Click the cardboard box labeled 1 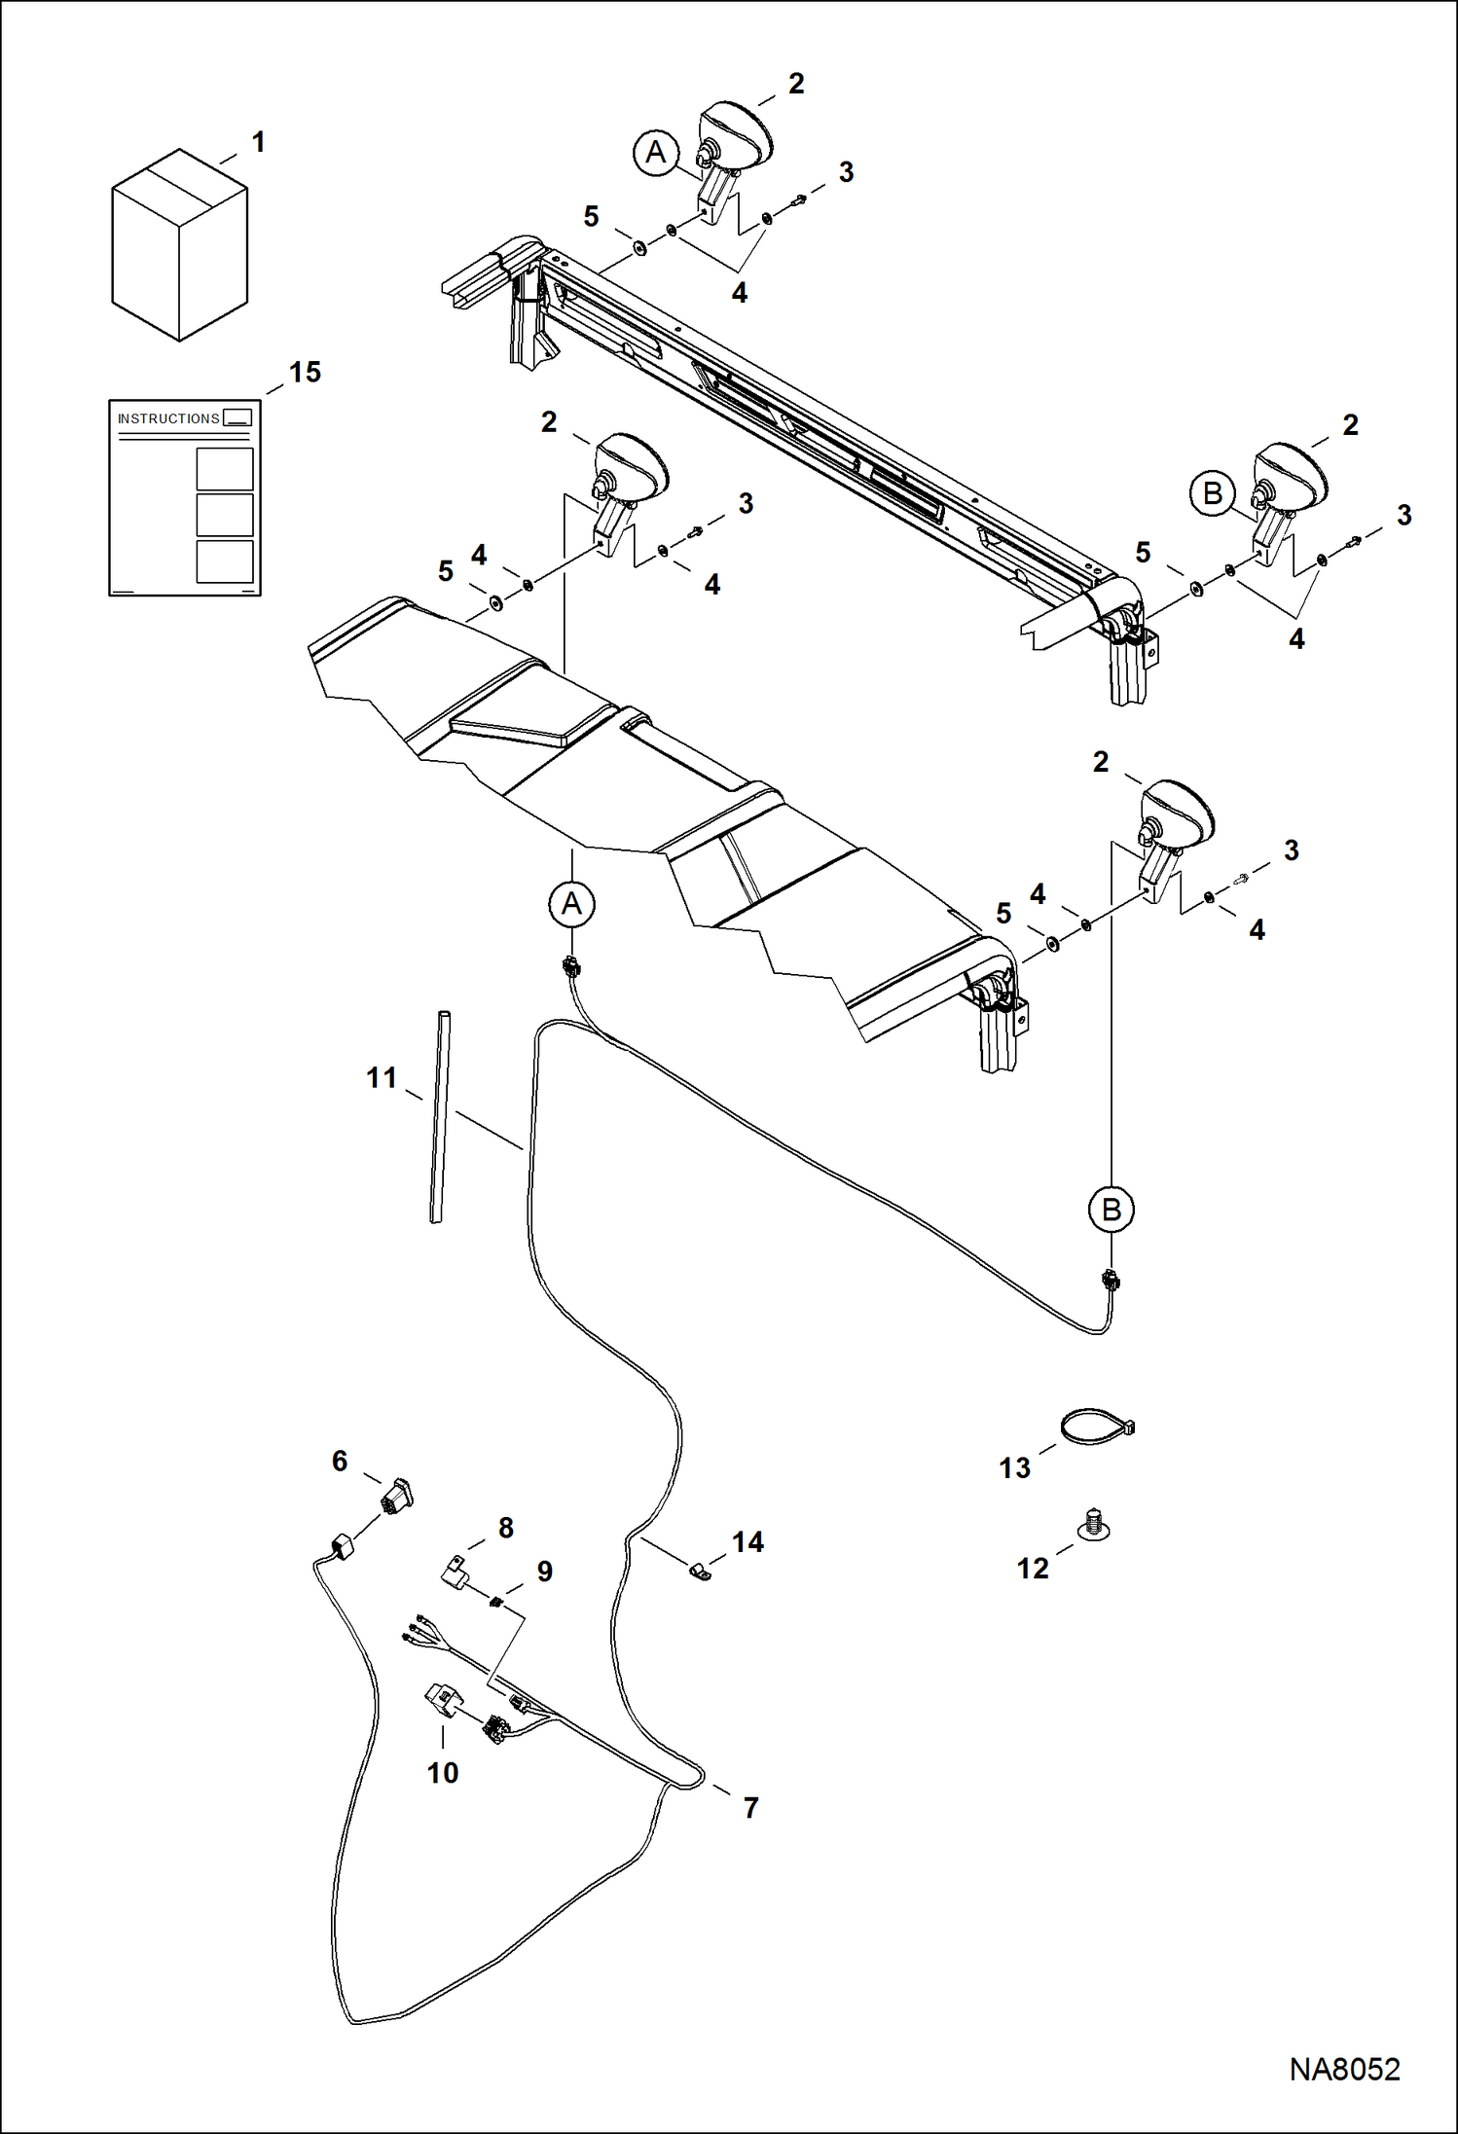tap(179, 245)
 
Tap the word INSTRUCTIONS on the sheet tap(168, 418)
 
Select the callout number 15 tap(305, 373)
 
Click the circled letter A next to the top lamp tap(656, 153)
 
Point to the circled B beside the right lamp tap(1212, 493)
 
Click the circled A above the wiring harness tap(571, 904)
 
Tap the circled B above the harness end tap(1111, 1210)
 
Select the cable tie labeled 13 tap(1098, 1427)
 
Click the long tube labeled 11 tap(440, 1116)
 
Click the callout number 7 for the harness tap(750, 1807)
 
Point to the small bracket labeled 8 tap(456, 1570)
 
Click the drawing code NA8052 tap(1344, 2069)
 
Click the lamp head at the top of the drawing tap(737, 135)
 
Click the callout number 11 tap(382, 1078)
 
